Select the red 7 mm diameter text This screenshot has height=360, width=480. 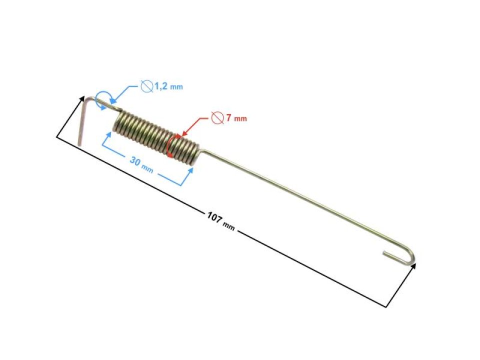(x=235, y=119)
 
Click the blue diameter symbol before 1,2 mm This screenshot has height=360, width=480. (x=146, y=86)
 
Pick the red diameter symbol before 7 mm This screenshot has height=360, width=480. (x=216, y=118)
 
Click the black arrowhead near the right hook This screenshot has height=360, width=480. (x=413, y=267)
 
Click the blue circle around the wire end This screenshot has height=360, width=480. (x=103, y=99)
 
